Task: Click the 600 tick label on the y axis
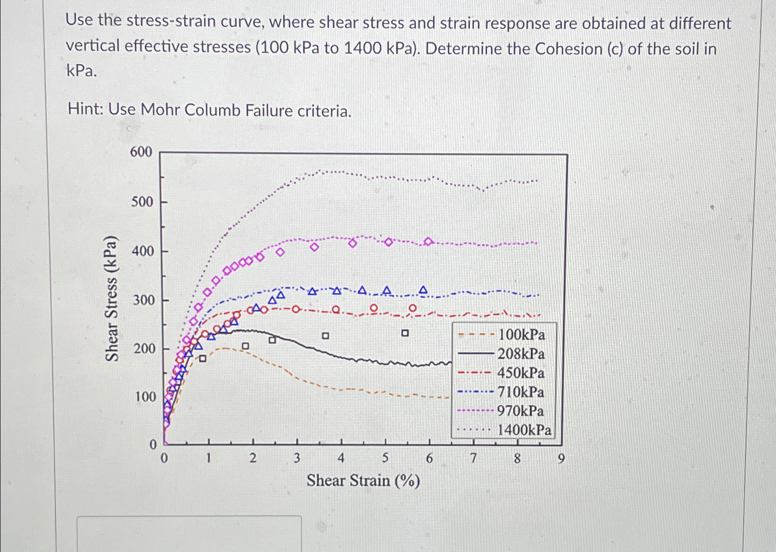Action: [141, 152]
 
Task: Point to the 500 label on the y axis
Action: [142, 202]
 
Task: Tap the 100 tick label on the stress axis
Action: [145, 396]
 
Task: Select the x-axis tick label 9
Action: [561, 459]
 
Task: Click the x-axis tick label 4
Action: [341, 458]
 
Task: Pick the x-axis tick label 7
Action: [473, 458]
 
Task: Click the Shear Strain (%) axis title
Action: [363, 480]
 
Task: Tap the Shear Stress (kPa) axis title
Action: [111, 299]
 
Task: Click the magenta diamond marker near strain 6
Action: [428, 241]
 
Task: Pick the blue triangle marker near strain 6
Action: [423, 290]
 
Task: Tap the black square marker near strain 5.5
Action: [405, 333]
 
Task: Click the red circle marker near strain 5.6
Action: [412, 308]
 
